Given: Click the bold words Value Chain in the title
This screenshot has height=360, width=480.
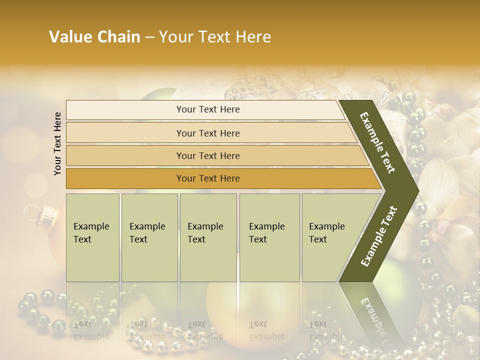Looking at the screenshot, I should (x=94, y=37).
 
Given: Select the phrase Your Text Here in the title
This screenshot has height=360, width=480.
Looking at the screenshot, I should (x=215, y=37).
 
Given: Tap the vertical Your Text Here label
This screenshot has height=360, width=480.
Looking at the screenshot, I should (x=57, y=143).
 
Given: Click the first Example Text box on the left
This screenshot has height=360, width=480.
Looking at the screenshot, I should (x=92, y=237).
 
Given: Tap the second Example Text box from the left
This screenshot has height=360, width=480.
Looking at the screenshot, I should (x=149, y=237).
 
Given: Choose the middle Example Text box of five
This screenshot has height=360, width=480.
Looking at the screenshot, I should (x=208, y=237).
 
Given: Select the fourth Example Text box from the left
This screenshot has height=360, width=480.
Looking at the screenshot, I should (x=269, y=237).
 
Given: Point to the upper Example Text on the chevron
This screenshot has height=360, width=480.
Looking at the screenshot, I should (x=377, y=142).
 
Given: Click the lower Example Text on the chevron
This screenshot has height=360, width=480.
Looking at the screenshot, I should (x=378, y=236).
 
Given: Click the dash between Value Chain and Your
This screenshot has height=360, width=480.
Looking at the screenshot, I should (x=149, y=37).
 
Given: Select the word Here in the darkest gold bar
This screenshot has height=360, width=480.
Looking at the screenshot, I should (x=229, y=178).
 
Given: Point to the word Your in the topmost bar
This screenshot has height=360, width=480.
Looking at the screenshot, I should (x=185, y=109).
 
